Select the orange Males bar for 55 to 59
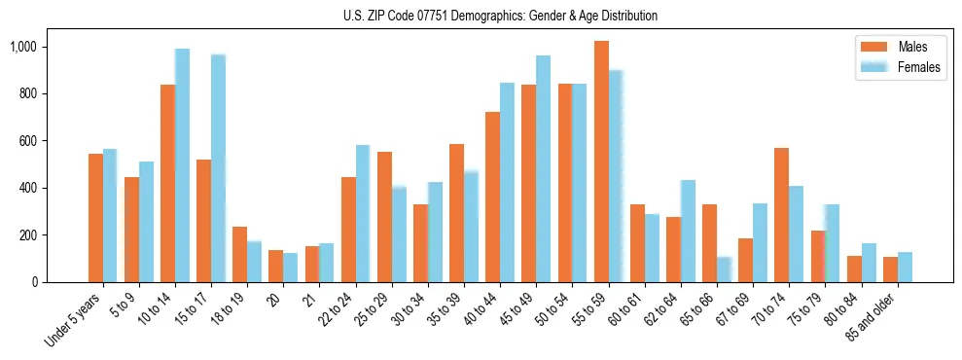click(601, 162)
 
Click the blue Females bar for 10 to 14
click(182, 165)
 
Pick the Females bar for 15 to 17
click(218, 168)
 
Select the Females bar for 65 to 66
click(724, 270)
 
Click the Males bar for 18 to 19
click(239, 254)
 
